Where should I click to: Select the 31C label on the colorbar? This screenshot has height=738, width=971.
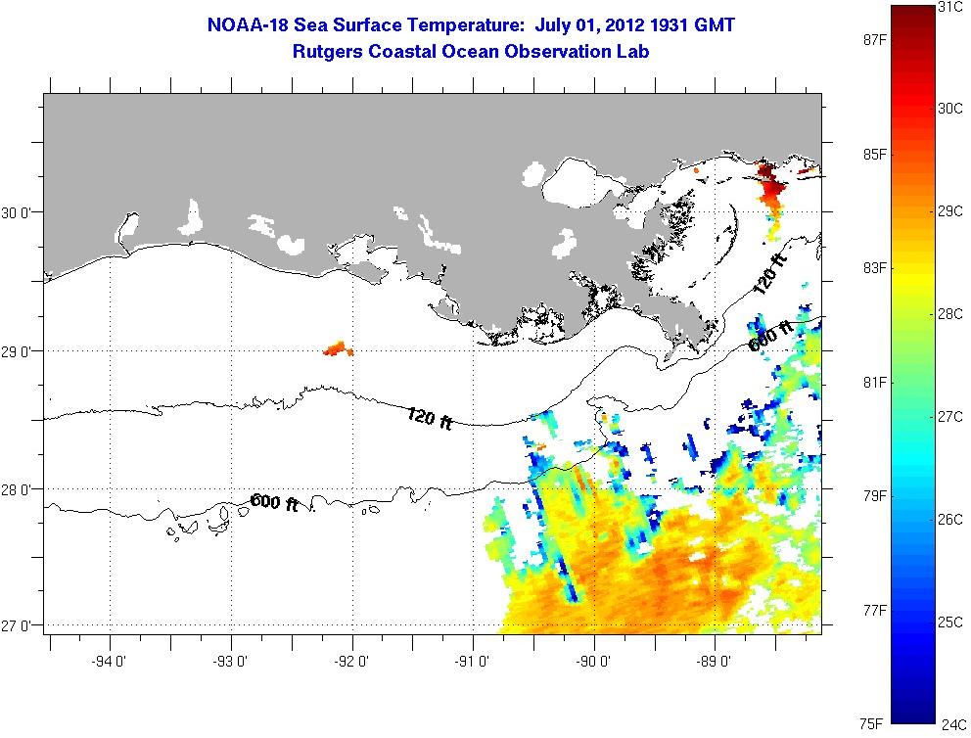(x=950, y=7)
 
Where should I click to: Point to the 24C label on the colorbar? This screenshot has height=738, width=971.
(x=953, y=724)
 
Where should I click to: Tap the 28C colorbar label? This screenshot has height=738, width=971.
(x=950, y=314)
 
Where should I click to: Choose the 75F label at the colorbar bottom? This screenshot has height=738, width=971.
(x=872, y=723)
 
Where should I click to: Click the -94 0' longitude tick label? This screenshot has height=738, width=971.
(x=109, y=662)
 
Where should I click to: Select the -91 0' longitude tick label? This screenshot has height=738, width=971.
(x=473, y=662)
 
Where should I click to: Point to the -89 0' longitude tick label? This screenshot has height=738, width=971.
(x=714, y=662)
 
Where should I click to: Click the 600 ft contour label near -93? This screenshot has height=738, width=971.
(x=274, y=502)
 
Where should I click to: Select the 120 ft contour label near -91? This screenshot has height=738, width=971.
(x=430, y=418)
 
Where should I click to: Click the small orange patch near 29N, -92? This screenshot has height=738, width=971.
(x=338, y=348)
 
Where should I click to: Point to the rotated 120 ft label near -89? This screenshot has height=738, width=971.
(x=769, y=272)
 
